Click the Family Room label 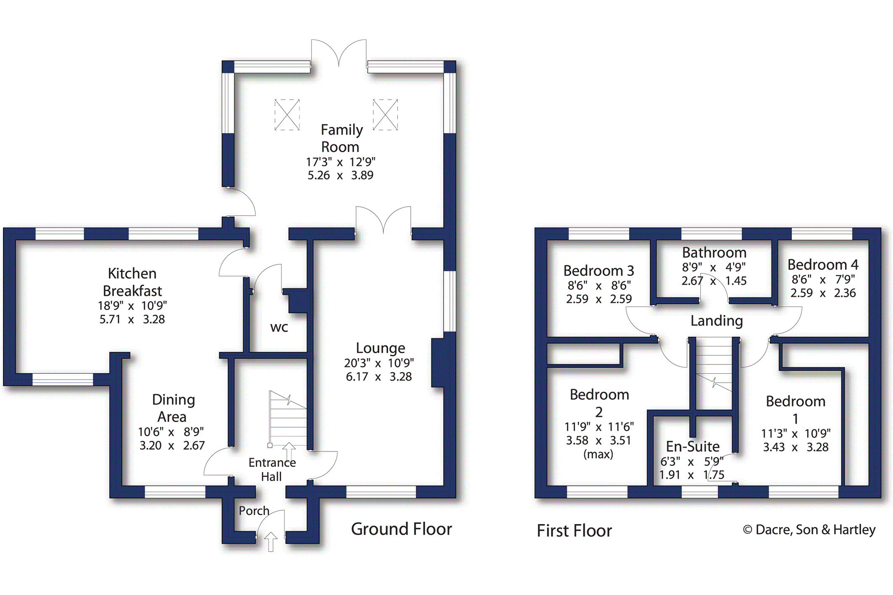pos(341,138)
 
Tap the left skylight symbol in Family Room pos(287,115)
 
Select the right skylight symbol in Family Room pos(385,115)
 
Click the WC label pos(279,328)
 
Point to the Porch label pos(254,511)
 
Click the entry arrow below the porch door pos(271,541)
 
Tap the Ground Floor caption pos(401,529)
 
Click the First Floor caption pos(574,531)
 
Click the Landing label pos(717,321)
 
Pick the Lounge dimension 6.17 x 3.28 pos(378,377)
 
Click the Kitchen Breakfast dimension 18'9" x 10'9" pos(132,306)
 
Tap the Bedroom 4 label pos(822,265)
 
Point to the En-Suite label pos(693,446)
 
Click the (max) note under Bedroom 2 pos(598,454)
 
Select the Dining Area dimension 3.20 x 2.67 pos(172,446)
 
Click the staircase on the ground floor pos(288,420)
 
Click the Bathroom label pos(714,252)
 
